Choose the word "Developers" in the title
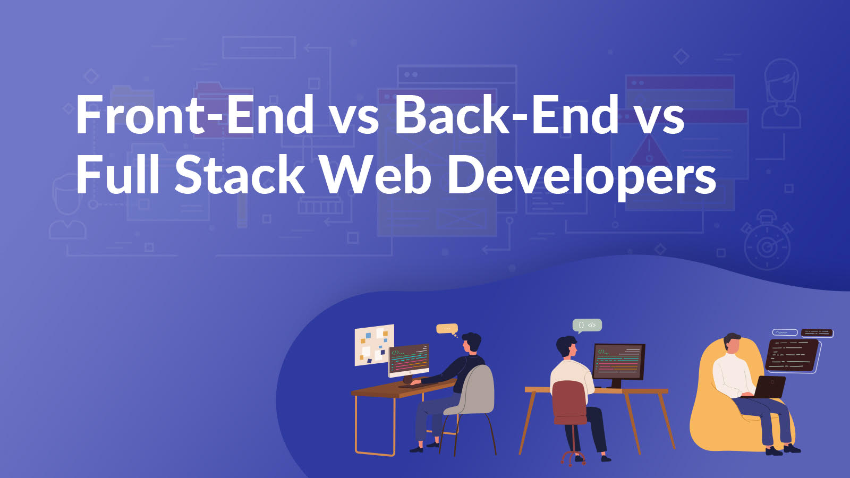(582, 175)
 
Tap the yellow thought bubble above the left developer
(446, 329)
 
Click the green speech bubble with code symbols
(587, 325)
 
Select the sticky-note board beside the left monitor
(374, 345)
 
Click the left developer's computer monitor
(409, 360)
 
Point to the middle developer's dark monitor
(618, 361)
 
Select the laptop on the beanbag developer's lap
(770, 387)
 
